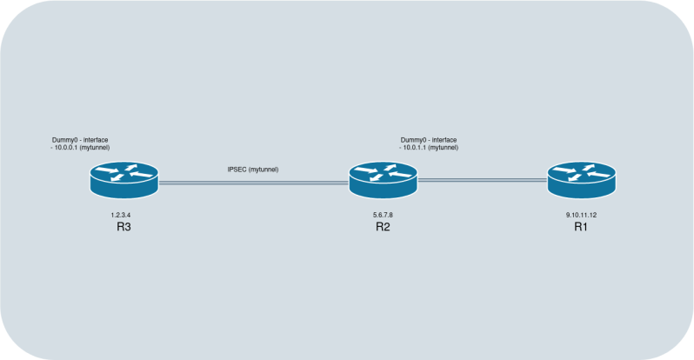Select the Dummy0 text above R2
point(415,139)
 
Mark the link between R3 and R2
point(252,183)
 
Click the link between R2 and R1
point(482,180)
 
